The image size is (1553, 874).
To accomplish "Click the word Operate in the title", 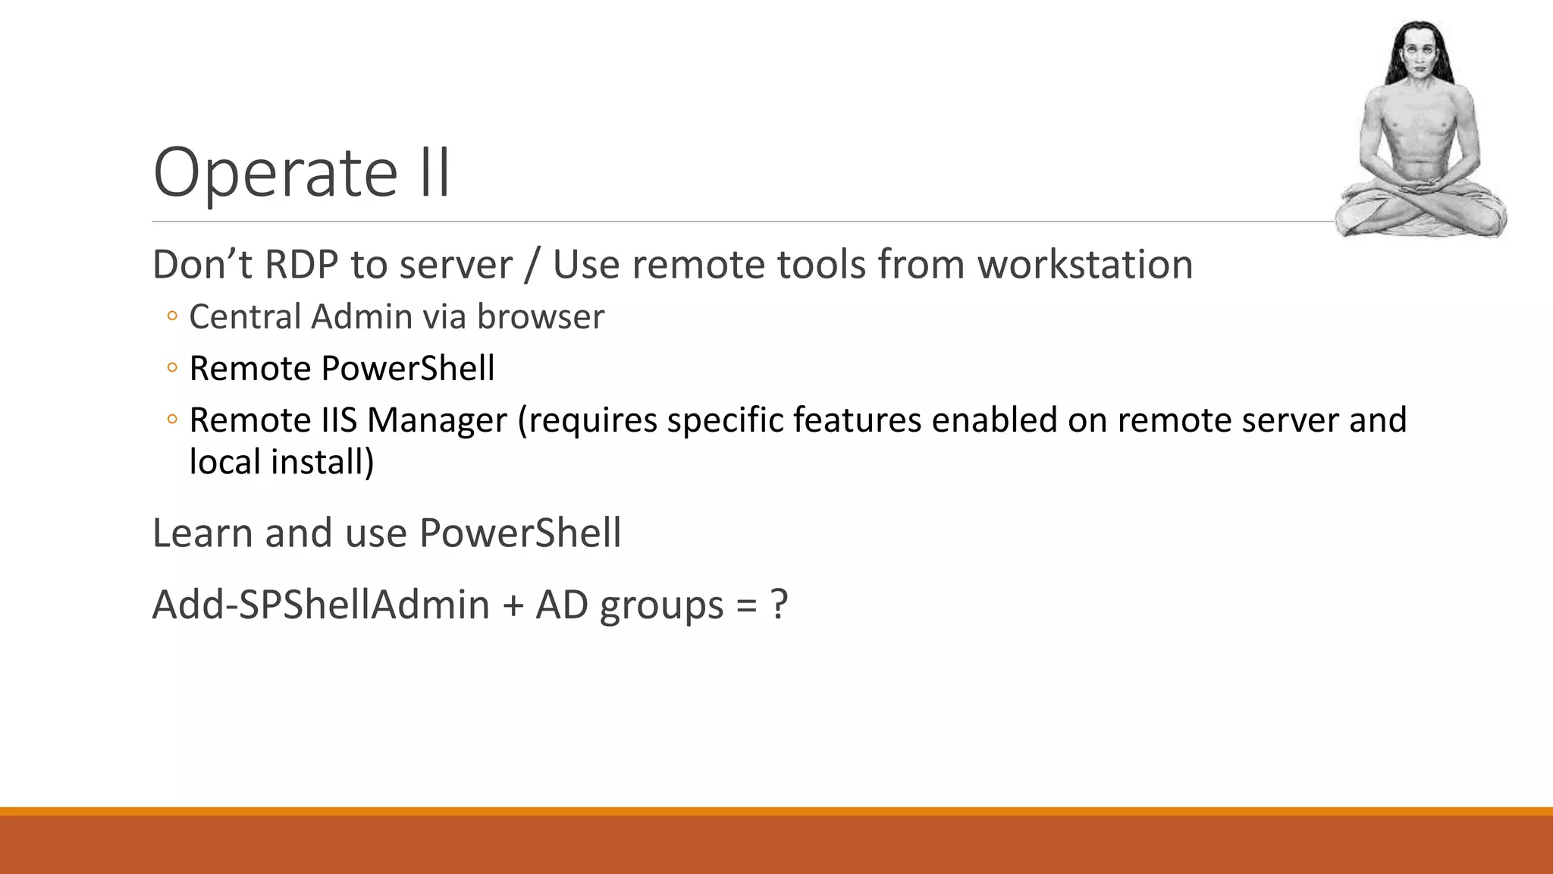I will click(275, 173).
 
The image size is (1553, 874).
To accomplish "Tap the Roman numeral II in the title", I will click(434, 173).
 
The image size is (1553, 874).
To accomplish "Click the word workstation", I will click(1084, 265).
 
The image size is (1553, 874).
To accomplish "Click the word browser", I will click(540, 316).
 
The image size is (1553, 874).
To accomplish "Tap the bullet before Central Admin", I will click(172, 316).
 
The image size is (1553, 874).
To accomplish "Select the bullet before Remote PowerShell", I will click(172, 369).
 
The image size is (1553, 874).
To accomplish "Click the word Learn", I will click(202, 533).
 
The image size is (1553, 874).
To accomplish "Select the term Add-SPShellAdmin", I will click(321, 605).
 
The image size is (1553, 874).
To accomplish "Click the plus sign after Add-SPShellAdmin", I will click(513, 605).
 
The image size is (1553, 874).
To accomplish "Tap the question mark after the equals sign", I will click(779, 605).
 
